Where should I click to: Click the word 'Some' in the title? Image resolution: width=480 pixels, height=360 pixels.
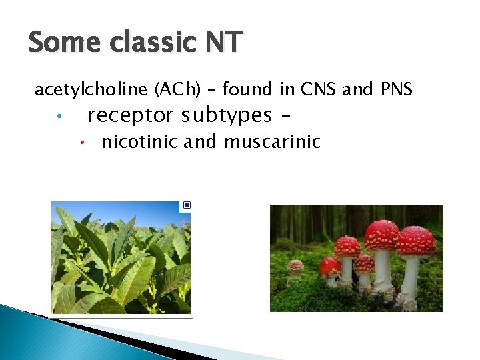pos(61,43)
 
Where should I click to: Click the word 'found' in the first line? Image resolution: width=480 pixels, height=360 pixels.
pos(247,89)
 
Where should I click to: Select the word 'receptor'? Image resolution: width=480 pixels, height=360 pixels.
pos(130,116)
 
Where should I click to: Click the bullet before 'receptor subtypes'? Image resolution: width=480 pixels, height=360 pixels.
pos(59,117)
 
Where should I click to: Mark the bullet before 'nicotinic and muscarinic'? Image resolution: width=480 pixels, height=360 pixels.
pos(80,143)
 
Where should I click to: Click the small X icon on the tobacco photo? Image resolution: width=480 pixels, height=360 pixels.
pos(187,205)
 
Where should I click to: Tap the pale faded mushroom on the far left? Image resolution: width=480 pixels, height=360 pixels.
pos(295,268)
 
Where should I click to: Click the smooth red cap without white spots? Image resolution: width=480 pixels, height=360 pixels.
pos(329,267)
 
